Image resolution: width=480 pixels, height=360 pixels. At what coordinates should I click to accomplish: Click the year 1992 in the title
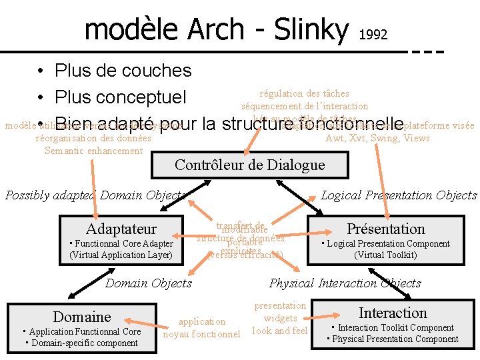coord(373,34)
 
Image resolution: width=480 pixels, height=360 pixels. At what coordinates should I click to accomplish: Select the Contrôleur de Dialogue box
coord(249,165)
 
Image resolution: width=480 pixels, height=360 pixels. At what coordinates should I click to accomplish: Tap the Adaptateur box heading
coord(121,229)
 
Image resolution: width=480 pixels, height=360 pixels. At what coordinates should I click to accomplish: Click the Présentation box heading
coord(386,229)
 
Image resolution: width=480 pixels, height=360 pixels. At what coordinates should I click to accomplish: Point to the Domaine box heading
coord(82,316)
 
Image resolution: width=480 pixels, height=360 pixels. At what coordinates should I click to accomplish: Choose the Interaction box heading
coord(393,313)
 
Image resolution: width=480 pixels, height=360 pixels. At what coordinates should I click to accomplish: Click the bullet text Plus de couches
coord(123,71)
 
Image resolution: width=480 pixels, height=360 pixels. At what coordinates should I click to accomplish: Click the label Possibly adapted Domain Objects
coord(95,195)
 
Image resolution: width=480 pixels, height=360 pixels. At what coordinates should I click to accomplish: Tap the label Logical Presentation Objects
coord(399,195)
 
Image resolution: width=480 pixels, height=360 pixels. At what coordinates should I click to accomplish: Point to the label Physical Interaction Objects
coord(345,283)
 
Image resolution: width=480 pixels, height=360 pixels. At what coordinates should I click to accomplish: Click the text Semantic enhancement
coord(93,151)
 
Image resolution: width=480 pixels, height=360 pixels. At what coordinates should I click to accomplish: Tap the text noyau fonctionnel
coord(201,334)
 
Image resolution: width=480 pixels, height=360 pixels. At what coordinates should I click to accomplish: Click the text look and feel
coord(280,331)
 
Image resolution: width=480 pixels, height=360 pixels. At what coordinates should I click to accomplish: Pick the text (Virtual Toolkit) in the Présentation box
coord(385,255)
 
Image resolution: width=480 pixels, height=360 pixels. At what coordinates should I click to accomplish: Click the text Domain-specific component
coord(81,343)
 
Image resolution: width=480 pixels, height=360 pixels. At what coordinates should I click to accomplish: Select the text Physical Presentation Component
coord(393,339)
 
